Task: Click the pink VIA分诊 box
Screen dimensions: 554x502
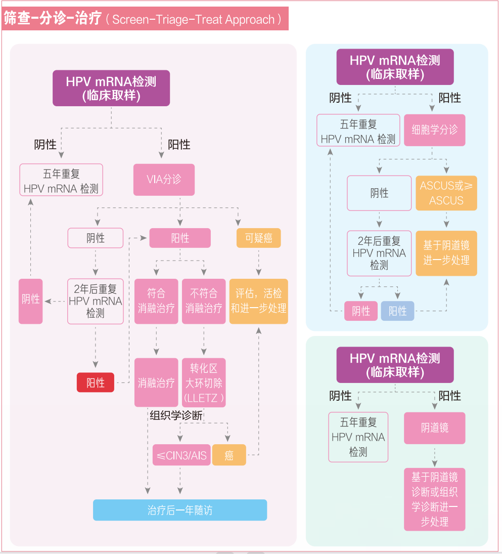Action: coord(164,180)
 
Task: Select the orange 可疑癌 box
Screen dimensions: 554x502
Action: coord(258,238)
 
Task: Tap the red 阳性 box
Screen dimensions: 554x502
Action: coord(95,382)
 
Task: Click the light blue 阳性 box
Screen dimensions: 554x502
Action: coord(397,311)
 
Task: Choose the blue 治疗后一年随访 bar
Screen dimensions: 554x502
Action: coord(179,510)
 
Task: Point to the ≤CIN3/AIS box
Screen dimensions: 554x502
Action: coord(181,455)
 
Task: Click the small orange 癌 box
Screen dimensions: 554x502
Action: coord(229,455)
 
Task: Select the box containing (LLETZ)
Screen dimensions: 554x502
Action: coord(204,383)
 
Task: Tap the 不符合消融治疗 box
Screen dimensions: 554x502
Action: coord(204,301)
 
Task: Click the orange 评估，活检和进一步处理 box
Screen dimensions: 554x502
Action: coord(259,301)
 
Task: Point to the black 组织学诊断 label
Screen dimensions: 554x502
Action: coord(176,415)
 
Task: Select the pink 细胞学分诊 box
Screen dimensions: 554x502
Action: coord(434,130)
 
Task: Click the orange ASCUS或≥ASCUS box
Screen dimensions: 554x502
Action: coord(446,193)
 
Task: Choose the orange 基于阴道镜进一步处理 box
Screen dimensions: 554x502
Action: coord(446,253)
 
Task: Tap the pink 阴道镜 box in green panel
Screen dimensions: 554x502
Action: coord(434,428)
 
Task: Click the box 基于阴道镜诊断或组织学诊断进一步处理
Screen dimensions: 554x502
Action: coord(434,499)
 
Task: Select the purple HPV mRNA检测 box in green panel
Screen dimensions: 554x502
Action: coord(395,365)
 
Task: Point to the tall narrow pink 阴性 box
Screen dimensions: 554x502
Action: coord(31,301)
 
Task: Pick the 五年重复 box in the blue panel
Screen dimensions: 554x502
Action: coord(358,131)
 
